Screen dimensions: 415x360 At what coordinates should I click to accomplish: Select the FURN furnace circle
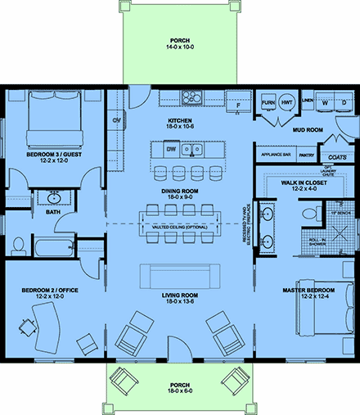click(268, 103)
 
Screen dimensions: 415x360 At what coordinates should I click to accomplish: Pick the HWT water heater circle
click(287, 103)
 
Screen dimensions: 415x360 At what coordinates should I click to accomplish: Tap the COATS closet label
click(337, 156)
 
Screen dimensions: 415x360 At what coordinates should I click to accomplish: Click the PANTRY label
click(307, 155)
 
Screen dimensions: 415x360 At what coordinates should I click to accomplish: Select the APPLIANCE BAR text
click(273, 155)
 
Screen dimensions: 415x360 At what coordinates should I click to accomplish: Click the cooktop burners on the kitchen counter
click(193, 97)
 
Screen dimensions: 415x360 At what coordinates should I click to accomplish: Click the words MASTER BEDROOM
click(307, 291)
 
